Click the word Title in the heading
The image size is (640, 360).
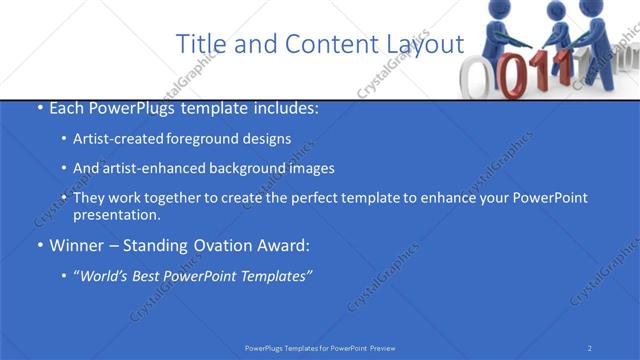pos(199,44)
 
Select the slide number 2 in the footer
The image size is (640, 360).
pos(590,347)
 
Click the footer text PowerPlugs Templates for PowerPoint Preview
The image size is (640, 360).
pos(320,347)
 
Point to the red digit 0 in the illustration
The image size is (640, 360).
pos(513,76)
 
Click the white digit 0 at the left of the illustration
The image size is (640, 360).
pos(478,77)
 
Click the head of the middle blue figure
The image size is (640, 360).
pos(558,16)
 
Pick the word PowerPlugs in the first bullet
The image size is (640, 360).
pos(130,108)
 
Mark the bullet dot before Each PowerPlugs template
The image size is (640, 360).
pos(38,108)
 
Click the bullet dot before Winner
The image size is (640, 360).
pos(38,245)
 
